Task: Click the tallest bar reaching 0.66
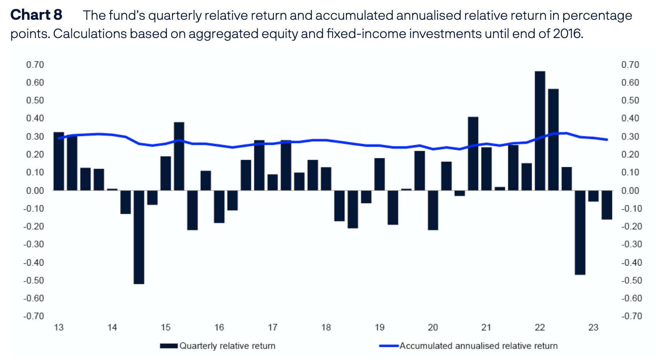coord(540,131)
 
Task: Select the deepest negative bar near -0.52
coord(139,237)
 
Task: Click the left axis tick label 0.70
coord(35,65)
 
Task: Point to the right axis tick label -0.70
coord(631,316)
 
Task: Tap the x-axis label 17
coord(272,327)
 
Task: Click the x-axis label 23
coord(593,327)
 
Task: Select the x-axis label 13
coord(59,327)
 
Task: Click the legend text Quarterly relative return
coord(227,346)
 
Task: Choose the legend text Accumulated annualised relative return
coord(478,346)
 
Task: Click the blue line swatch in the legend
coord(389,346)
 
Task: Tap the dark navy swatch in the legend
coord(169,346)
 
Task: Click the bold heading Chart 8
coord(36,15)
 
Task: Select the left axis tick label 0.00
coord(35,191)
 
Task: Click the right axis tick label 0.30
coord(630,136)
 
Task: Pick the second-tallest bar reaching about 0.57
coord(553,139)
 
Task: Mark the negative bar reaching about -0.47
coord(580,232)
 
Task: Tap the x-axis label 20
coord(433,327)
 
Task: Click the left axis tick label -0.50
coord(34,280)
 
